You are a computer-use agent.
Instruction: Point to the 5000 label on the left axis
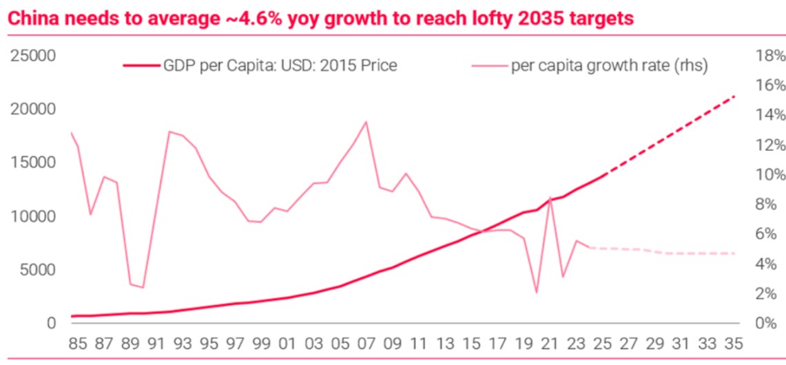click(37, 270)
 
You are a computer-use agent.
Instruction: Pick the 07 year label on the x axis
click(365, 342)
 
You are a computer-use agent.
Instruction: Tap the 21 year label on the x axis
click(550, 342)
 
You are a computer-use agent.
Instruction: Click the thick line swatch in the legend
click(141, 66)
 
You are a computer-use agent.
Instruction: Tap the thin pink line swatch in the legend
click(489, 66)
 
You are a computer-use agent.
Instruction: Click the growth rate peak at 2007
click(365, 122)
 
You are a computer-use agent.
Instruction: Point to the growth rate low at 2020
click(537, 293)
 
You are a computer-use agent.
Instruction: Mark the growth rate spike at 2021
click(550, 198)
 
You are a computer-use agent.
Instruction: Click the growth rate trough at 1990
click(143, 288)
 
